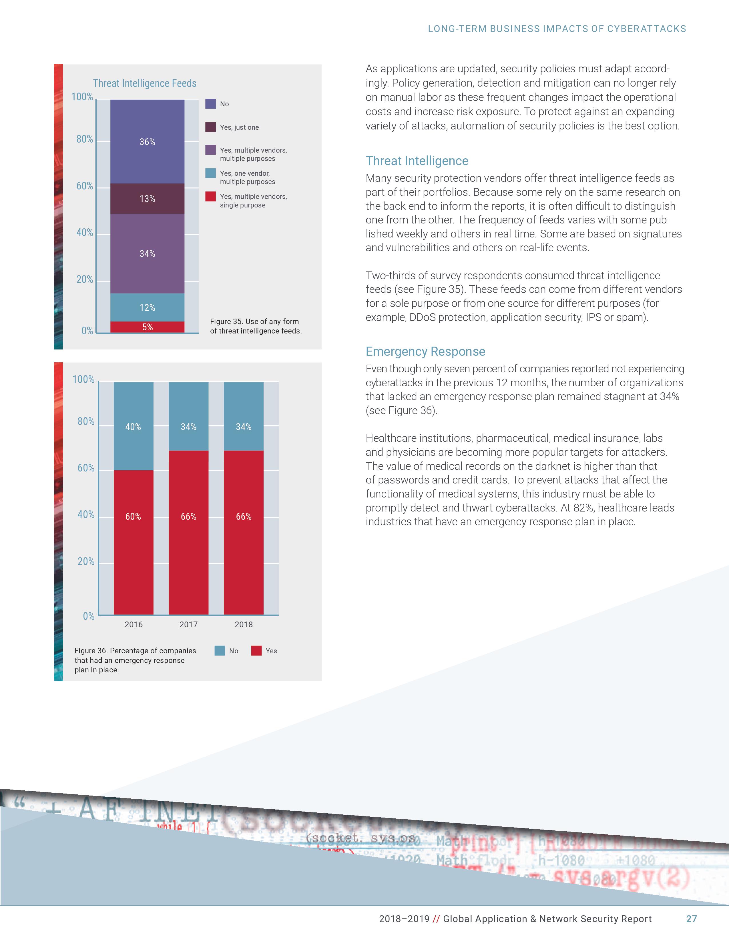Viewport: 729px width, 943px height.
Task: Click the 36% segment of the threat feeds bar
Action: [147, 142]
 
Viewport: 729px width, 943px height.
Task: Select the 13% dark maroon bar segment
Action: [147, 199]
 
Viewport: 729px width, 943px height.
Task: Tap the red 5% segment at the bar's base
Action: [147, 327]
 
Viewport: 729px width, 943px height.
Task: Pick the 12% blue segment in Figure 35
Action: [147, 307]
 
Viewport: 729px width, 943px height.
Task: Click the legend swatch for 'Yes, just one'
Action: [210, 127]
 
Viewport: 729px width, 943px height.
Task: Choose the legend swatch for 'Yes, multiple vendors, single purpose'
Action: [210, 197]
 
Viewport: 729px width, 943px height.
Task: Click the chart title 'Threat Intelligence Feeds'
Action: [145, 83]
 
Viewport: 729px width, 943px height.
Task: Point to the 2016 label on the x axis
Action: [134, 624]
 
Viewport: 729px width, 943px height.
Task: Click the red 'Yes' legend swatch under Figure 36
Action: [256, 651]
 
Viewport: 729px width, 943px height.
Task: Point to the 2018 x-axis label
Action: [244, 624]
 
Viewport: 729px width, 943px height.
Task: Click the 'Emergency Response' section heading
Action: [425, 351]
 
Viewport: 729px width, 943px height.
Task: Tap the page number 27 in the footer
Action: [692, 919]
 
